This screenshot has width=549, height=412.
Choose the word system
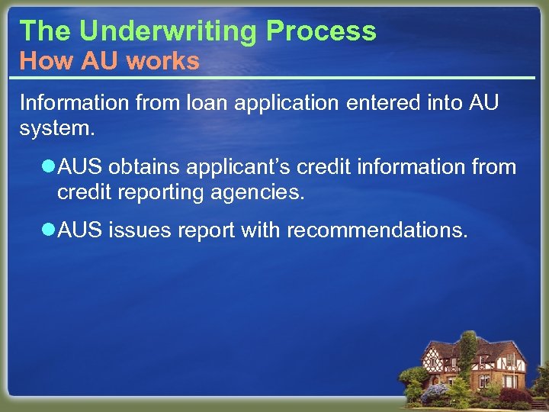pos(56,128)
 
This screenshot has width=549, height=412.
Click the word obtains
pos(144,167)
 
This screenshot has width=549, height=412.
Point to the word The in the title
pos(45,31)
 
